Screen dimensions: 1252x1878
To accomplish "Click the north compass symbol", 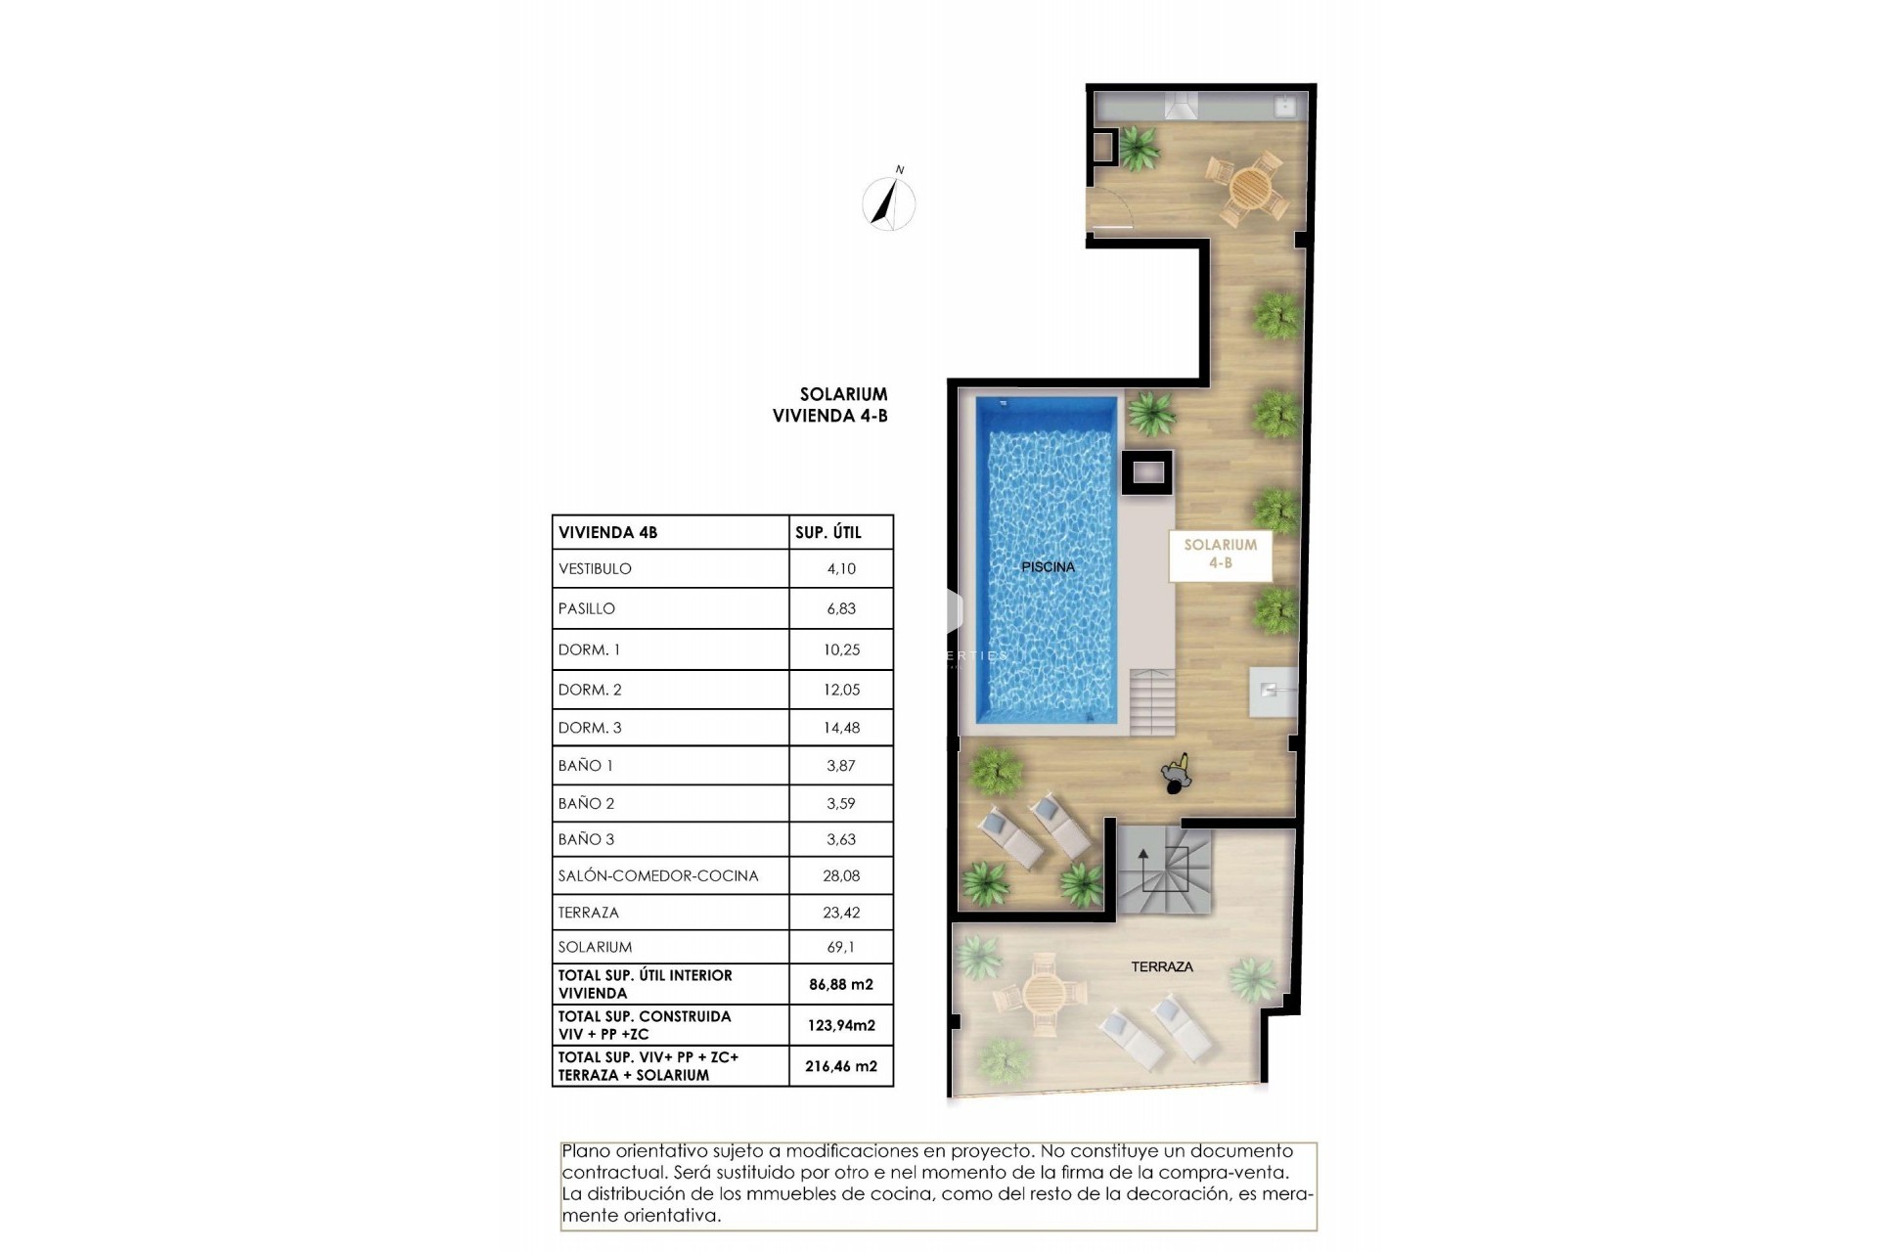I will pos(889,203).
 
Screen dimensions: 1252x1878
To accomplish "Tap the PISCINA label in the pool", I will pos(1048,566).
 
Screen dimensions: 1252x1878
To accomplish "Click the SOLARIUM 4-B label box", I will pos(1220,554).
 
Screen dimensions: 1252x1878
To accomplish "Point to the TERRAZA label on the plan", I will pos(1162,966).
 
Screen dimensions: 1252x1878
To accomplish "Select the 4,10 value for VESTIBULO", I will pos(840,568).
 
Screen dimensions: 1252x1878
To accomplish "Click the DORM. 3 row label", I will pos(590,728).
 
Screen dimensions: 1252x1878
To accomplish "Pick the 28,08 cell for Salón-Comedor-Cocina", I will pos(840,875).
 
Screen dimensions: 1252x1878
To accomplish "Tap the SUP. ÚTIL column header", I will pos(827,532).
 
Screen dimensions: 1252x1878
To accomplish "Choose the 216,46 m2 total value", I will pos(840,1066).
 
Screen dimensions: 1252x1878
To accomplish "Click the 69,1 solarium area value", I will pos(840,947).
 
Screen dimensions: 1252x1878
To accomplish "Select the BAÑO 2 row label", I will pos(586,803).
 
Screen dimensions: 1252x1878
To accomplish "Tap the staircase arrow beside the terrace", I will pos(1142,865).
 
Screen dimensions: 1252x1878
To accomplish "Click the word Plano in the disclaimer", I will pos(584,1151).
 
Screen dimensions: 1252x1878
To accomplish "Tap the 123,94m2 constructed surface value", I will pos(840,1025).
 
